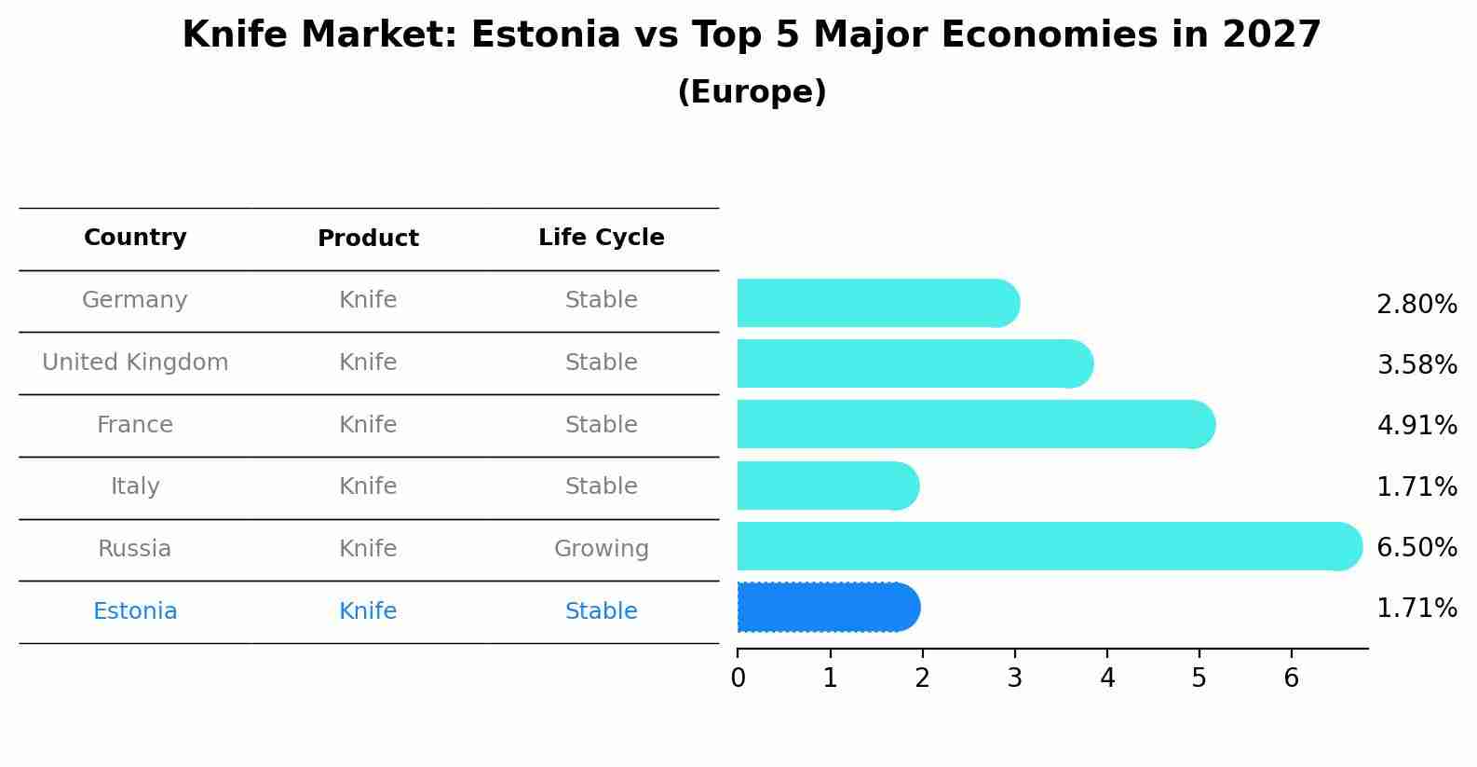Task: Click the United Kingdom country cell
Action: coord(135,363)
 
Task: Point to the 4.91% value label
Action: coord(1416,426)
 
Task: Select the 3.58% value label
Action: coord(1416,364)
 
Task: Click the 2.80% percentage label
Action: coord(1416,304)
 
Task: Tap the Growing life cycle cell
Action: coord(601,549)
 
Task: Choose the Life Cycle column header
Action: coord(601,238)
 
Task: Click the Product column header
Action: coord(368,239)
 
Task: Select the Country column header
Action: coord(135,238)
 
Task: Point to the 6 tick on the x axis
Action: coord(1291,678)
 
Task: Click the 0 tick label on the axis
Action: coord(738,678)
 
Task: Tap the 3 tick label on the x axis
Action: coord(1014,678)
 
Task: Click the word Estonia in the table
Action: coord(135,611)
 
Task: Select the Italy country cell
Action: coord(135,486)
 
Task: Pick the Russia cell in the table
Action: coord(135,549)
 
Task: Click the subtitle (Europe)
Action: coord(752,92)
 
